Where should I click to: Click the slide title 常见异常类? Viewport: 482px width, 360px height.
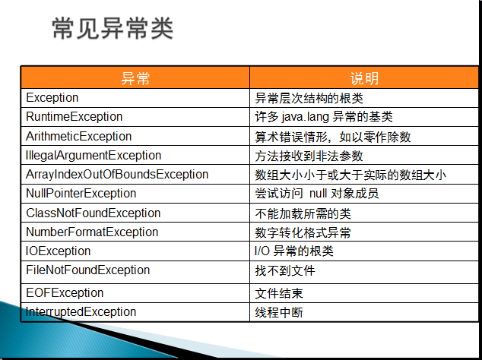[x=113, y=29]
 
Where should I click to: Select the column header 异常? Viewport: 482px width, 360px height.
[x=135, y=78]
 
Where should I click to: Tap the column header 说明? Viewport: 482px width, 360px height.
[x=364, y=78]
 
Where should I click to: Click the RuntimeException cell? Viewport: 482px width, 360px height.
[x=74, y=117]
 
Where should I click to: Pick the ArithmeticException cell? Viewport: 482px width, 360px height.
[x=79, y=136]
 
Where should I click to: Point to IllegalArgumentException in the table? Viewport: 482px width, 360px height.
[x=94, y=156]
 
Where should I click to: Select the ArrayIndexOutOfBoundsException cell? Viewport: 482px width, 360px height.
[x=117, y=175]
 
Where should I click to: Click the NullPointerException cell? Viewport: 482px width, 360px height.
[x=81, y=194]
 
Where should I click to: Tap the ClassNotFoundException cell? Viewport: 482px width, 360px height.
[x=94, y=213]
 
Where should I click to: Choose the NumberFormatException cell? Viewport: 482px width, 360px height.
[x=92, y=232]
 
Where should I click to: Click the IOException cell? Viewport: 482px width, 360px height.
[x=58, y=251]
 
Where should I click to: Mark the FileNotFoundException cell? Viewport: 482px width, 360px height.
[x=88, y=270]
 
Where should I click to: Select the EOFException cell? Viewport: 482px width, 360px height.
[x=65, y=292]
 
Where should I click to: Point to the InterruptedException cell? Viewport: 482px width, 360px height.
[x=81, y=312]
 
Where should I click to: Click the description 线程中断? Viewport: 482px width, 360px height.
[x=279, y=313]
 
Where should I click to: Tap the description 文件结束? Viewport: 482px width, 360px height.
[x=279, y=293]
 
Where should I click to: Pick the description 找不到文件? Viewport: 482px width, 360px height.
[x=285, y=271]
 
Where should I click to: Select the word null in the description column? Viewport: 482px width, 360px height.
[x=318, y=194]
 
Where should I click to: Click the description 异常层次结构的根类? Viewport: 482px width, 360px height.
[x=309, y=98]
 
